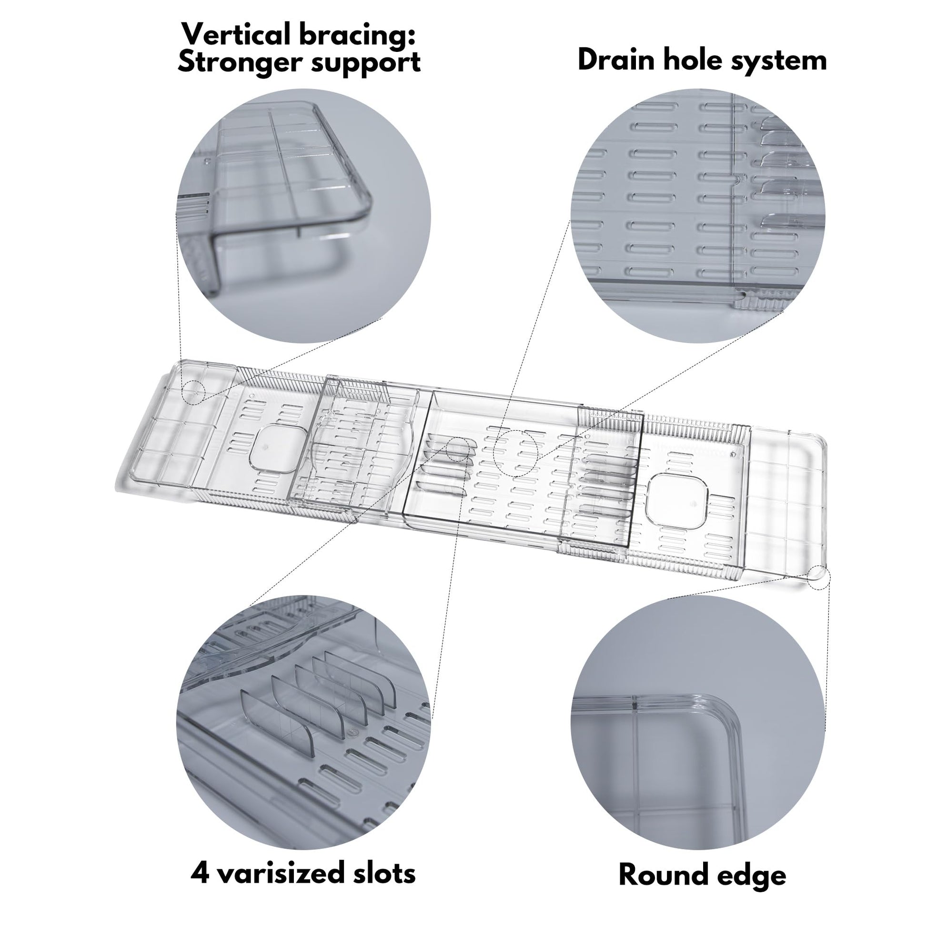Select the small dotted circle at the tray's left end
[x=193, y=393]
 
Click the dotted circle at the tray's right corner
[x=818, y=577]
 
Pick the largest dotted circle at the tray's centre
[x=516, y=452]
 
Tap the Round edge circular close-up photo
[x=697, y=724]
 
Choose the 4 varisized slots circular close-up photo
[x=304, y=724]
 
